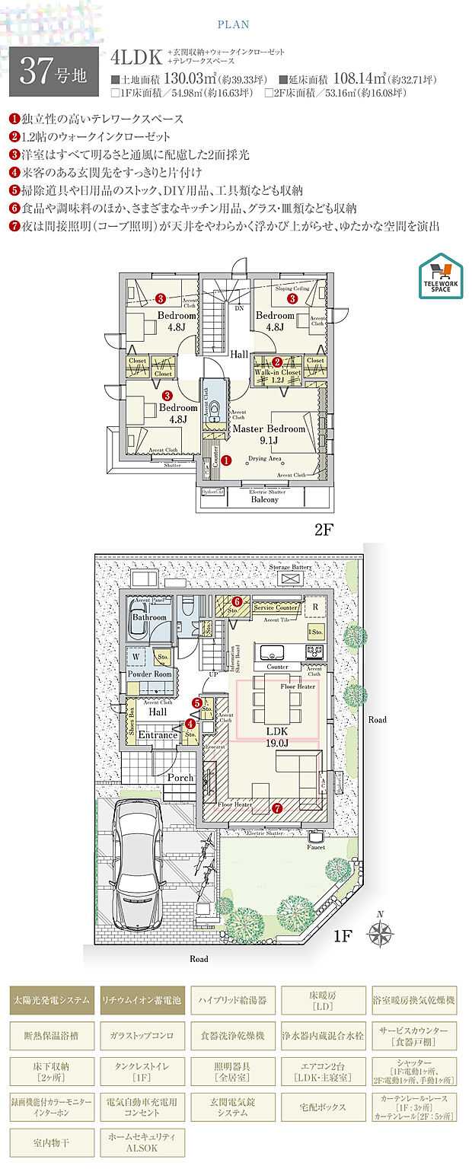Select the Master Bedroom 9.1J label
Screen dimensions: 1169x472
269,434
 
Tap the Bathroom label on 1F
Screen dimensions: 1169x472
149,617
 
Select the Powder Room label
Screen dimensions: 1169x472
149,674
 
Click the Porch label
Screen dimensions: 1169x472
180,778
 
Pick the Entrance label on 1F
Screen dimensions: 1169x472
158,735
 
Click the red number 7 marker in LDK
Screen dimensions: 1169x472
277,807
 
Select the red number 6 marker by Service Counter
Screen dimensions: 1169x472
237,600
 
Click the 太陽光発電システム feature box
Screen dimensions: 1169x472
52,1000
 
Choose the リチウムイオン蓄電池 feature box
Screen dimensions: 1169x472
142,1000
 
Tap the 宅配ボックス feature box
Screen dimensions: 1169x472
323,1107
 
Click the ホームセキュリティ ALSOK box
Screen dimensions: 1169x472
142,1142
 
